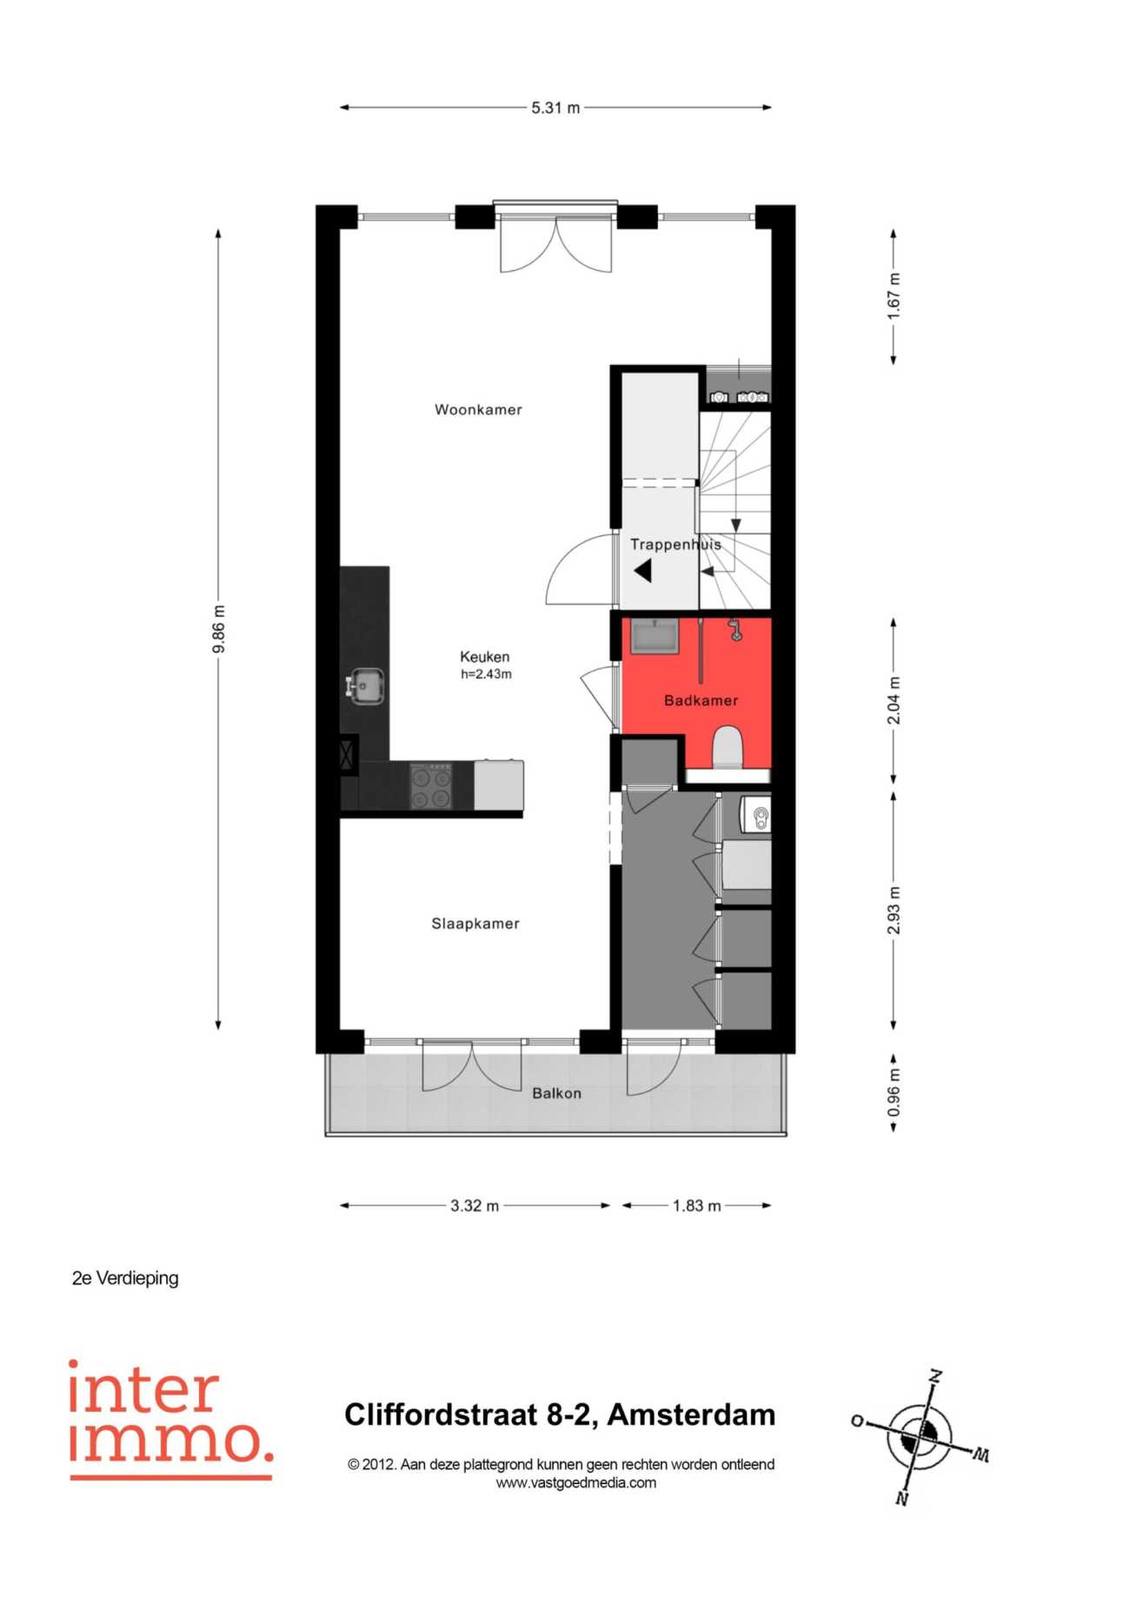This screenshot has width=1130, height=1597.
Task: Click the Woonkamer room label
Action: [478, 409]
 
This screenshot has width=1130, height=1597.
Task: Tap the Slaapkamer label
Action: [475, 924]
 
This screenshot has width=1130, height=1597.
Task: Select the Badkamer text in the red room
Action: [701, 700]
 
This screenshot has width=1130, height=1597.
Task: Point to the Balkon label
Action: [556, 1093]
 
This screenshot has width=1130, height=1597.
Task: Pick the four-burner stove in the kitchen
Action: [431, 785]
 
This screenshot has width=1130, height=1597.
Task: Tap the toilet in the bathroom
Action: [728, 747]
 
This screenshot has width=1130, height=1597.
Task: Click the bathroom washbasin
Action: [655, 636]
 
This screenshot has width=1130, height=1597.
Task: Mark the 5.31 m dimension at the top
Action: [555, 108]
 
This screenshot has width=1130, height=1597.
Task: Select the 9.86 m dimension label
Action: [219, 629]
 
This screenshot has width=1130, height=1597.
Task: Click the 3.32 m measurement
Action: [475, 1206]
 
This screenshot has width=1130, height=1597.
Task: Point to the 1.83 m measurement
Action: [696, 1206]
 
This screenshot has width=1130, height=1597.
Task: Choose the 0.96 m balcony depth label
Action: [894, 1093]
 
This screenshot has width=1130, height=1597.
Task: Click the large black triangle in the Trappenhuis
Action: [643, 571]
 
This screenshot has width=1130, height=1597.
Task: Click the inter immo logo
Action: [170, 1420]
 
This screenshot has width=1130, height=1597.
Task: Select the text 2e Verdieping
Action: [125, 1278]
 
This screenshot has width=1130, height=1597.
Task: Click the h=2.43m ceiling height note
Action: [486, 674]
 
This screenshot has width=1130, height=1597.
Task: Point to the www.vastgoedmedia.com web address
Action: [575, 1483]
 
